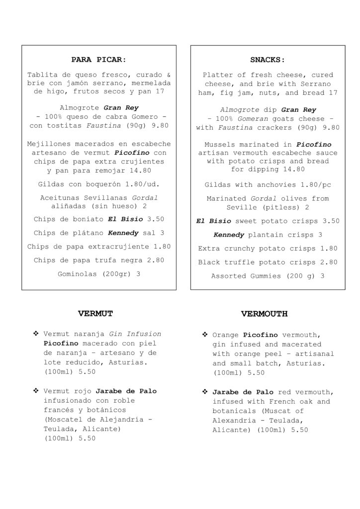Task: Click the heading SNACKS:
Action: pyautogui.click(x=268, y=60)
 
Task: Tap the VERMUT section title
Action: pyautogui.click(x=95, y=313)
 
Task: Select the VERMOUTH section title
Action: pyautogui.click(x=265, y=314)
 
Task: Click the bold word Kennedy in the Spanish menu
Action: pyautogui.click(x=122, y=233)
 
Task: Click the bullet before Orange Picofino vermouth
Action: pyautogui.click(x=204, y=335)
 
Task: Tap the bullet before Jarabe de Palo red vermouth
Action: pyautogui.click(x=204, y=392)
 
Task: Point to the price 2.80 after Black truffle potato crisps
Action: pyautogui.click(x=328, y=262)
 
